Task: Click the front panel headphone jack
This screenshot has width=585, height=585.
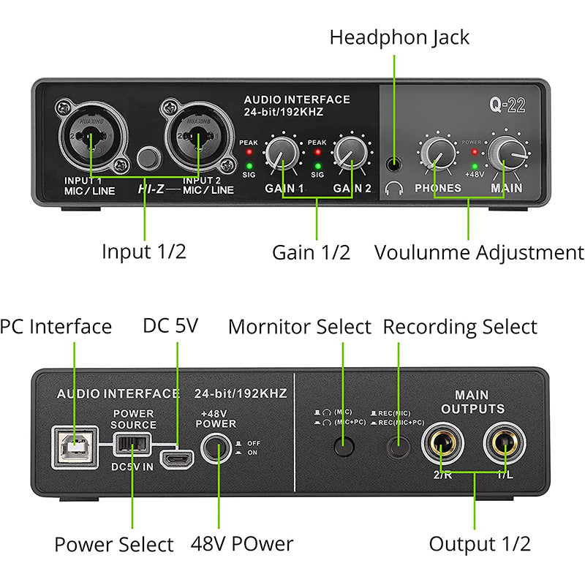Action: point(396,165)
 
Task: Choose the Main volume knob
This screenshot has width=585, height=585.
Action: point(505,152)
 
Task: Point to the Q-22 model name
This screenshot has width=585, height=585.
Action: point(507,105)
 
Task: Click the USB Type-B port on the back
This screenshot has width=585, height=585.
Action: point(75,448)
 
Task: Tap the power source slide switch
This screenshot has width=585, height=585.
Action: point(132,442)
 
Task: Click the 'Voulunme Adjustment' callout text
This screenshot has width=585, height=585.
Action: point(479,252)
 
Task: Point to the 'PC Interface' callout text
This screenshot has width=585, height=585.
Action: point(56,326)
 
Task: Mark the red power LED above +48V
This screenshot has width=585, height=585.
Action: point(475,153)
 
